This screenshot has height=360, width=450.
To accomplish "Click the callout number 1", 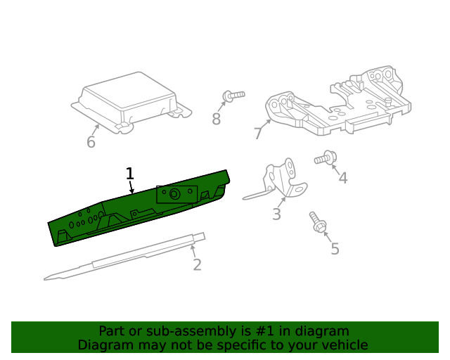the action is click(x=130, y=174).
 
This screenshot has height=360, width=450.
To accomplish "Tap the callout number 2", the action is click(x=197, y=264).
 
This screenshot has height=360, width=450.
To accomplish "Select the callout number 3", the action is click(x=276, y=214).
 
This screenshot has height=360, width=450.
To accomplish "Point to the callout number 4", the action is click(x=343, y=178).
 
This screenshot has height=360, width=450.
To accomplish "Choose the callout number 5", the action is click(x=335, y=249).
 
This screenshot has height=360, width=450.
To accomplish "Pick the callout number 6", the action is click(x=91, y=142).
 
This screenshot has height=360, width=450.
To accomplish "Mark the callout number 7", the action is click(x=258, y=133).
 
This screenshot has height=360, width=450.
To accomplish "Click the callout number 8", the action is click(x=216, y=119).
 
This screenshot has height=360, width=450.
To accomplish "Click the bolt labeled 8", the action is click(x=233, y=96).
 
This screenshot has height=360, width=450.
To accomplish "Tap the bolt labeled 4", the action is click(x=326, y=157).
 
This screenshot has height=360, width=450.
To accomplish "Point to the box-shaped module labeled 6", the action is click(x=131, y=103).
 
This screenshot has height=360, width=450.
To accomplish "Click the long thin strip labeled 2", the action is click(x=124, y=257).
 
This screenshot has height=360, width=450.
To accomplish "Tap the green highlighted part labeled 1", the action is click(x=138, y=208).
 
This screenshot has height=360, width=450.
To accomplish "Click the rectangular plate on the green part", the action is click(x=176, y=194).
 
